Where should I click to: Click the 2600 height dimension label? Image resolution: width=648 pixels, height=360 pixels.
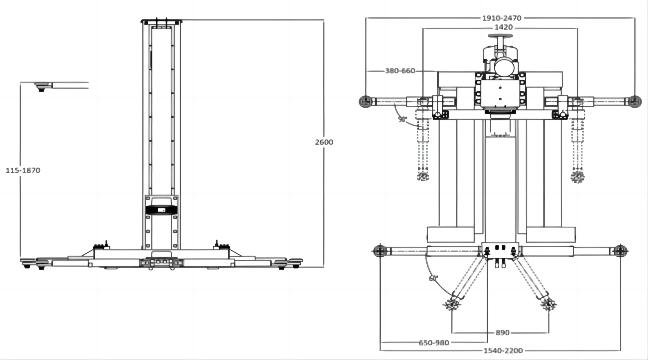tap(324, 142)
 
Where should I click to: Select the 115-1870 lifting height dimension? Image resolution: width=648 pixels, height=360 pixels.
tap(23, 170)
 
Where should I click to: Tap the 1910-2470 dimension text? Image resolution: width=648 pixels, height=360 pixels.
tap(502, 18)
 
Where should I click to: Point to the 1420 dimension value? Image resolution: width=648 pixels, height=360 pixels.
tap(504, 27)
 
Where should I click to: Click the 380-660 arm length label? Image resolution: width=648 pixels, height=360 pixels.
tap(400, 71)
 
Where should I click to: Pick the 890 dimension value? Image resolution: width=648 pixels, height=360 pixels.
tap(503, 333)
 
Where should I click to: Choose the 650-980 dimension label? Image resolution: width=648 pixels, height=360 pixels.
tap(434, 343)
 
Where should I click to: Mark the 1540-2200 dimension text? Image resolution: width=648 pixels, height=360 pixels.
tap(503, 350)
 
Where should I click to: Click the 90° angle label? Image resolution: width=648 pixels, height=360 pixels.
tap(402, 119)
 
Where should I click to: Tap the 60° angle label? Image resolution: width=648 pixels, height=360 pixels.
tap(433, 278)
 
